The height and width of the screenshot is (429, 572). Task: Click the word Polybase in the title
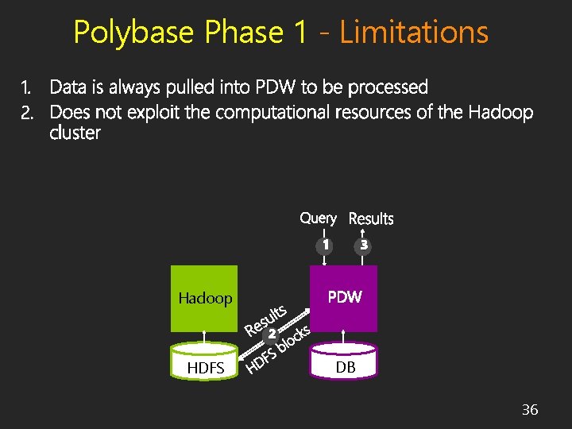pos(133,33)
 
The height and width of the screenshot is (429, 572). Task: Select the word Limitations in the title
pos(413,33)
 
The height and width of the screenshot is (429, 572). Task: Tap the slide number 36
pos(529,410)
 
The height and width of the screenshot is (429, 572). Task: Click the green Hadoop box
pos(204,299)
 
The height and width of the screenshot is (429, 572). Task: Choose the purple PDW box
pos(344,298)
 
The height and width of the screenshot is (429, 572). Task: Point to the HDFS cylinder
pos(205,362)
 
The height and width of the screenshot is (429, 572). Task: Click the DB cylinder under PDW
pos(345,362)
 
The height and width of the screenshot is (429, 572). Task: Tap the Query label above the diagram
pos(318,218)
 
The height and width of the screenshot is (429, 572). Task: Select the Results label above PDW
pos(371,218)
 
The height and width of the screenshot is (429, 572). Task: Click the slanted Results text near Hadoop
pos(265,319)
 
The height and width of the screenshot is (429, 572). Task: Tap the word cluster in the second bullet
pos(75,133)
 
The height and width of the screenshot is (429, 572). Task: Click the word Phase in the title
pos(244,33)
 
